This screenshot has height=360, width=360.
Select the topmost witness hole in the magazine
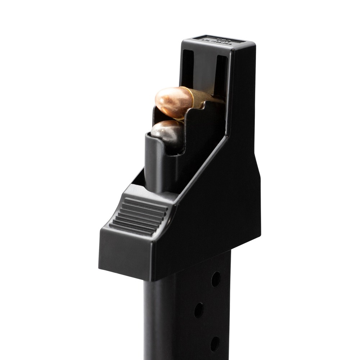(x=216, y=279)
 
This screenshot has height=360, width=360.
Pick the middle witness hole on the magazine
(x=199, y=310)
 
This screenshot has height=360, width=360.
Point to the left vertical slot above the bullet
(x=188, y=68)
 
